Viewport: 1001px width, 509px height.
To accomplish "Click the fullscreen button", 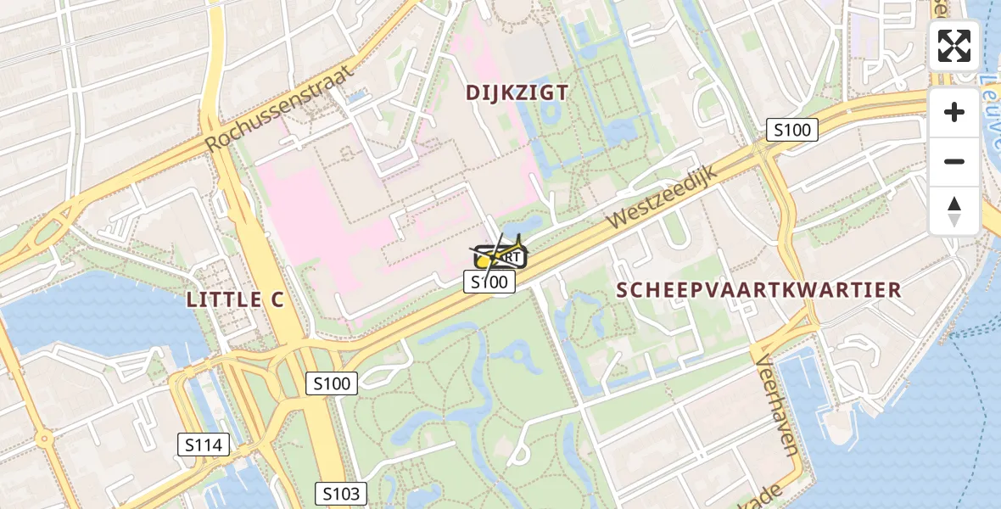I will point(954,46).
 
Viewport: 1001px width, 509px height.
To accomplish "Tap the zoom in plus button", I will point(954,112).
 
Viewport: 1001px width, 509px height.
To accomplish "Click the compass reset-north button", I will point(954,210).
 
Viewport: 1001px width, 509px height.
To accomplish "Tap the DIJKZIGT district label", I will point(517,93).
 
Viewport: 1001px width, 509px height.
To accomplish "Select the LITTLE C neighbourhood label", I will point(234,299).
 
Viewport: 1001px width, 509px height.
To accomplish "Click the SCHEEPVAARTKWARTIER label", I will point(758,289).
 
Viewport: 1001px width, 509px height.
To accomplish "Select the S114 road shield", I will point(204,444).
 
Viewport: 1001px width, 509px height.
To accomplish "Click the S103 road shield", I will point(341,494).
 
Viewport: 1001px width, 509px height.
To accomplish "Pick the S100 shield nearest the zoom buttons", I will point(792,130).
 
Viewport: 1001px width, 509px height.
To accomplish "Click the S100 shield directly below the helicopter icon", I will point(489,282).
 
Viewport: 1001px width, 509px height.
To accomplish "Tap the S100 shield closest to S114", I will point(331,383).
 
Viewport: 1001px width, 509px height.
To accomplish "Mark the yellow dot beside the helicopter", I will point(483,261).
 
